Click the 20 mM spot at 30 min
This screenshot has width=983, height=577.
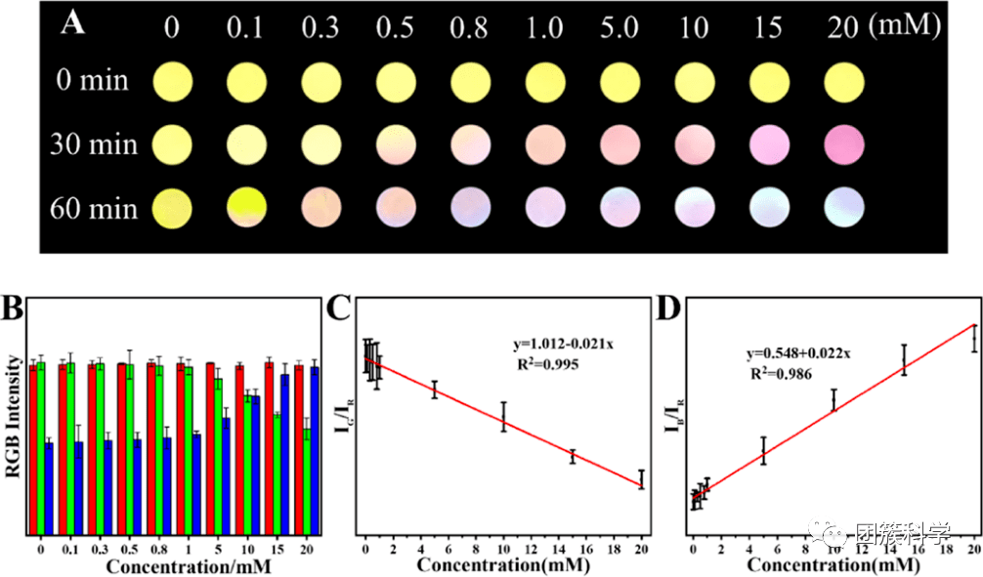click(x=845, y=144)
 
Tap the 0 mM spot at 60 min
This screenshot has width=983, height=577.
click(x=172, y=208)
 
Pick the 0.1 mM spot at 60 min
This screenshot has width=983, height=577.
click(x=247, y=208)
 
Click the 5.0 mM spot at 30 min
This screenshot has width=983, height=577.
click(x=621, y=144)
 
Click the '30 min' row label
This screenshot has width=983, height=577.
click(x=94, y=145)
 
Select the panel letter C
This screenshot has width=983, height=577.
click(x=339, y=311)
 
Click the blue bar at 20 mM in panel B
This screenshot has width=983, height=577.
click(x=315, y=450)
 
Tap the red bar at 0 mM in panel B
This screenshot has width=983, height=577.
click(x=32, y=448)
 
